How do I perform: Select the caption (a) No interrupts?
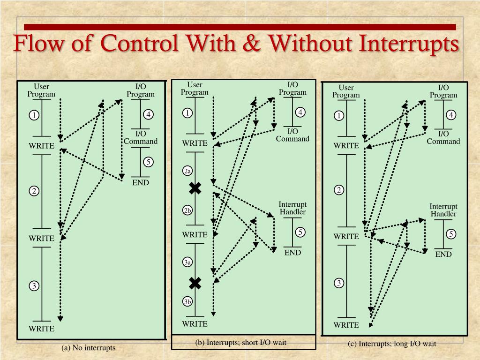tap(88, 348)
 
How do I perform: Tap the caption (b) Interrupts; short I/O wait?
tap(241, 342)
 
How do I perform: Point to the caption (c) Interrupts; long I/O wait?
tap(392, 344)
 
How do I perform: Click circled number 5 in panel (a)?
tap(148, 162)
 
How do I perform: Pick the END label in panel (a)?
tap(140, 182)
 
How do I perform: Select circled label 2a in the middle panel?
tap(187, 172)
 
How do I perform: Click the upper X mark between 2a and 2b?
tap(195, 188)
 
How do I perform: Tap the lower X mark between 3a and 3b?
tap(195, 283)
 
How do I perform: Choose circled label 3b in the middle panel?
tap(187, 302)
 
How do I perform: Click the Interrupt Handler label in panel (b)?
tap(292, 208)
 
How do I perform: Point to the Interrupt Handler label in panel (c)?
tap(443, 210)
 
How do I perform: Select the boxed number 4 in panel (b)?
tap(300, 112)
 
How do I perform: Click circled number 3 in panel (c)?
tap(339, 283)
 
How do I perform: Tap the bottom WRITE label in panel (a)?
tap(42, 329)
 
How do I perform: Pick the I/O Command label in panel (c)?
tap(443, 138)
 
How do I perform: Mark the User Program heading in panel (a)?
tap(41, 90)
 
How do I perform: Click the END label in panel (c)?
tap(443, 254)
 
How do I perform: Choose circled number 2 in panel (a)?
tap(34, 191)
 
